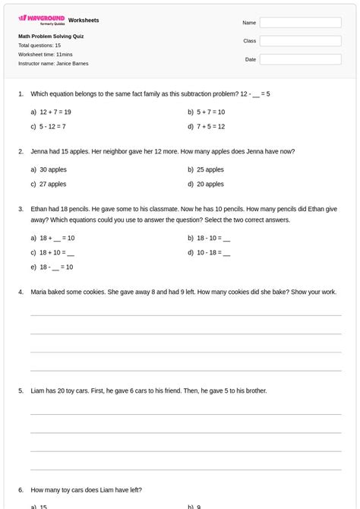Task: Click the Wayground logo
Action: coord(42,20)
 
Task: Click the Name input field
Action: coord(300,23)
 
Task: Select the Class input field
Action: coord(300,41)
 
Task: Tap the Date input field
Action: coord(300,59)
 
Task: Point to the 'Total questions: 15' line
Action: coord(39,46)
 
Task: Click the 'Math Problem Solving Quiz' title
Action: coord(51,36)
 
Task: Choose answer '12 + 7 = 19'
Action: coord(55,112)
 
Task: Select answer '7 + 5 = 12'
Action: coord(210,127)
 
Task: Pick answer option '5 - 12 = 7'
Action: coord(52,127)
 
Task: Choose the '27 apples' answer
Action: coord(52,185)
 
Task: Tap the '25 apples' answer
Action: coord(210,170)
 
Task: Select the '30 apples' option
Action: coord(52,170)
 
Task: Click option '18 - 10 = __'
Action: coord(213,239)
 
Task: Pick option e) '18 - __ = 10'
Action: coord(56,267)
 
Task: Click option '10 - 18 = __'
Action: coord(213,253)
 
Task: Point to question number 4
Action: coord(21,292)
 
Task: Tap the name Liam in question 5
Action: coord(37,391)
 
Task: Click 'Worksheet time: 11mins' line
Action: coord(45,55)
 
